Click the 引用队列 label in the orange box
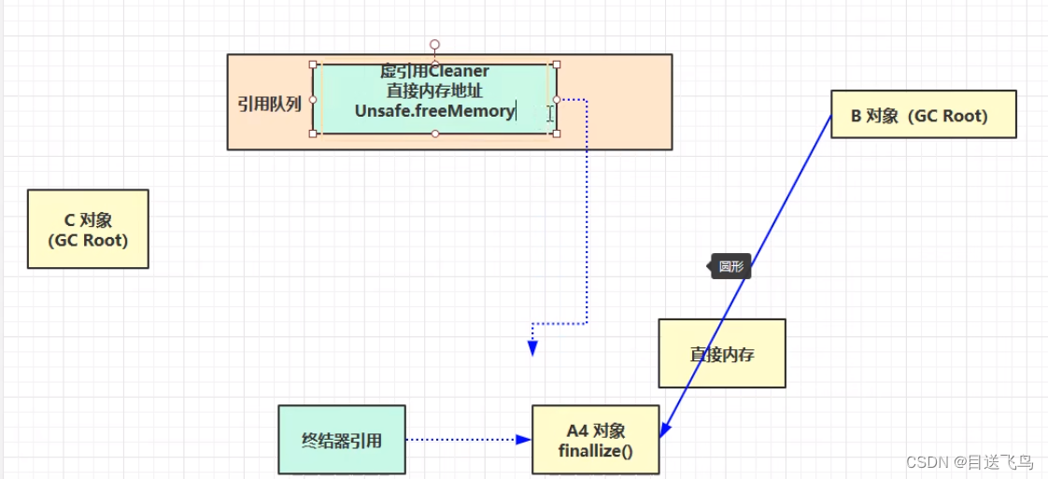tap(269, 104)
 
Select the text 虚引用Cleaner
tap(434, 71)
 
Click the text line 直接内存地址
tap(434, 91)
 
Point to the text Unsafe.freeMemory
tap(434, 111)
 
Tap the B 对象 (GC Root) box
tap(923, 115)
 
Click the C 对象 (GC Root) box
tap(88, 230)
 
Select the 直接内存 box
tap(722, 354)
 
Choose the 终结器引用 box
tap(342, 439)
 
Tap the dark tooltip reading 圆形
tap(730, 266)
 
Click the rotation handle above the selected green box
tap(434, 44)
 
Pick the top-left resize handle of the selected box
tap(313, 64)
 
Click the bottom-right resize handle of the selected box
tap(557, 134)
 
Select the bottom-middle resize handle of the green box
tap(434, 134)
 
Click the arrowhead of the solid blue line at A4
tap(663, 430)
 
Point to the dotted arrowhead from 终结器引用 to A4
tap(524, 439)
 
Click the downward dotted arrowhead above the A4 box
tap(532, 349)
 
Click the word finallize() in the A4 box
tap(596, 451)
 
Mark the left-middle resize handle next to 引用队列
tap(313, 99)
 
